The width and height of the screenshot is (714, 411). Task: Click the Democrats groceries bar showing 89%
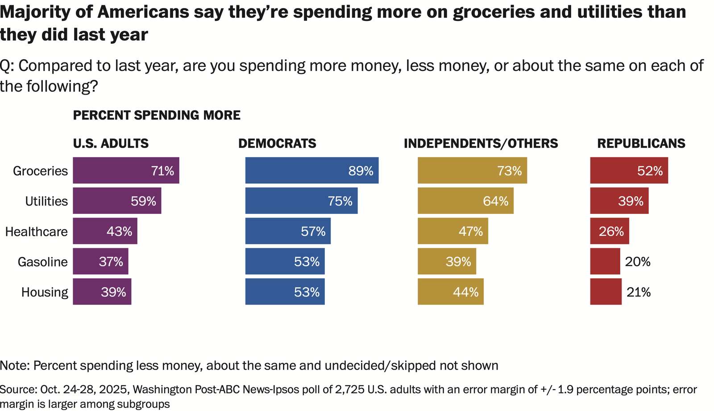(311, 170)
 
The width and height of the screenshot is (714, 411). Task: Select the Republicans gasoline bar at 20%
(605, 261)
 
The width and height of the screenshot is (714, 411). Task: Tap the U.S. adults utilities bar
(117, 201)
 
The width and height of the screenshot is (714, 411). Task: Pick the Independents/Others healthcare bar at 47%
(452, 231)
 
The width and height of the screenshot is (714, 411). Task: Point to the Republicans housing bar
(606, 292)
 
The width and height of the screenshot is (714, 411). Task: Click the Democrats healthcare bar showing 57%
(288, 231)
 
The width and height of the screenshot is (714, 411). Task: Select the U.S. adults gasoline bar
(100, 261)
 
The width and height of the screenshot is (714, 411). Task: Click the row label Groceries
(40, 171)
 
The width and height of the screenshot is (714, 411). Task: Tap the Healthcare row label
(37, 231)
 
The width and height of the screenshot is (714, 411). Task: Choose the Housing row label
(45, 292)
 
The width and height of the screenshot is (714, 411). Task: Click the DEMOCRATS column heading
(277, 143)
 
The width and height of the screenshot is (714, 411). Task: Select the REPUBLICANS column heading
(641, 143)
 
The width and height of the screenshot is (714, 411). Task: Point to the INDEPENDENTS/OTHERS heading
(481, 143)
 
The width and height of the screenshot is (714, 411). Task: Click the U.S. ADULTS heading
(111, 143)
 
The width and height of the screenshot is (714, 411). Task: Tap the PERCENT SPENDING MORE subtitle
(157, 115)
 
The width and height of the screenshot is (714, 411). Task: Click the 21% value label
(639, 292)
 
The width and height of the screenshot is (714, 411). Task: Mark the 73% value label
(510, 171)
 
